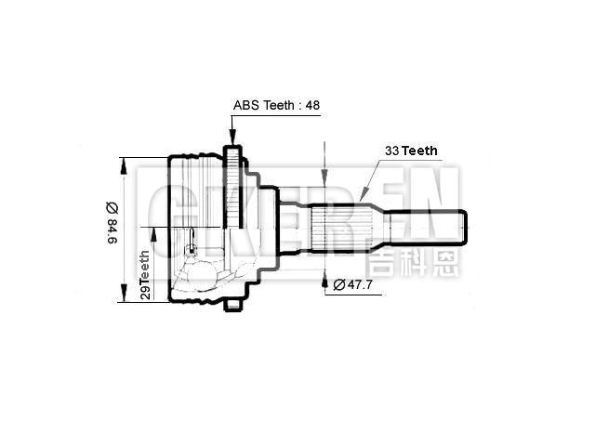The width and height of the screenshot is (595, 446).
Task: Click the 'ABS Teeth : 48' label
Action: (x=276, y=106)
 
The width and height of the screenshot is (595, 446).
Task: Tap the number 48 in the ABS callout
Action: (x=311, y=106)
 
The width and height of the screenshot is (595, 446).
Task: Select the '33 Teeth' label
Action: (x=411, y=150)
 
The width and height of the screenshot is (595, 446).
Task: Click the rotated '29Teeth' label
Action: (x=145, y=273)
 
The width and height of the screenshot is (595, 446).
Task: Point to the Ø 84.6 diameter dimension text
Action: (x=112, y=224)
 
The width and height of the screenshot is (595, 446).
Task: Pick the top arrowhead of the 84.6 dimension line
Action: (x=122, y=162)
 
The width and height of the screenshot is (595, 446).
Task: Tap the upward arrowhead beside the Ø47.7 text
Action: (x=324, y=279)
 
